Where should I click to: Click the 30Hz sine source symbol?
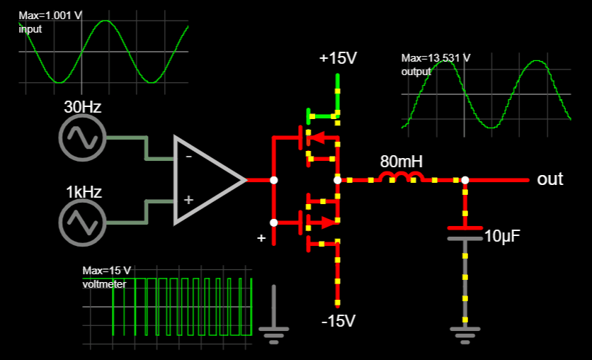81,137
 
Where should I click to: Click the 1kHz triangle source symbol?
81,223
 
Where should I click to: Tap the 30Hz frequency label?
83,108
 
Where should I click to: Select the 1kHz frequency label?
84,192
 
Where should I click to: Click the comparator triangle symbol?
205,180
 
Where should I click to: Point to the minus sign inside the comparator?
188,157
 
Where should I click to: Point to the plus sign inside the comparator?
188,200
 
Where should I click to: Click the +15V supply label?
338,58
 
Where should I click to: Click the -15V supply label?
338,321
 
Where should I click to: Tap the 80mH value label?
402,162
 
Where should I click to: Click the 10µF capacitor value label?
502,236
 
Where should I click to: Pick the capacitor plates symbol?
465,234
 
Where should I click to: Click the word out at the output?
550,179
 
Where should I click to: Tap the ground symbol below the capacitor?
465,332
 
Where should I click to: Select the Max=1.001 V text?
45,16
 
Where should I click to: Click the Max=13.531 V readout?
436,58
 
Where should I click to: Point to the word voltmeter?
104,283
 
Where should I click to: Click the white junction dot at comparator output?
274,180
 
